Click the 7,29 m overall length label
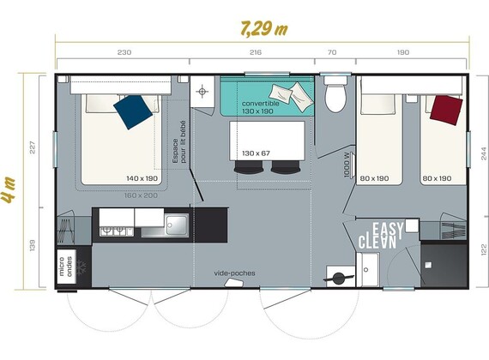click(x=264, y=29)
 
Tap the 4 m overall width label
click(x=8, y=190)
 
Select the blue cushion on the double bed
click(x=133, y=112)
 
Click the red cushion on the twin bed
click(x=446, y=110)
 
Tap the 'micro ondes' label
click(x=66, y=267)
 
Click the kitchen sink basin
click(x=177, y=224)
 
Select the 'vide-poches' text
click(x=234, y=273)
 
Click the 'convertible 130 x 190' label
click(x=260, y=107)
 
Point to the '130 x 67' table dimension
click(x=256, y=153)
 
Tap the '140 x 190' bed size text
click(x=142, y=178)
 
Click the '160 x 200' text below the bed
click(x=141, y=195)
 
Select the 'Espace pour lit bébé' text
click(x=179, y=141)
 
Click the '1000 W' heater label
click(x=347, y=165)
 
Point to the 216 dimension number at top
click(x=256, y=52)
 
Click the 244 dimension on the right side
click(x=484, y=153)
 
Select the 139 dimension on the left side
click(x=33, y=245)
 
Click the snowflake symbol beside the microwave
click(x=81, y=267)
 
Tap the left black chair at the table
click(x=249, y=167)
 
